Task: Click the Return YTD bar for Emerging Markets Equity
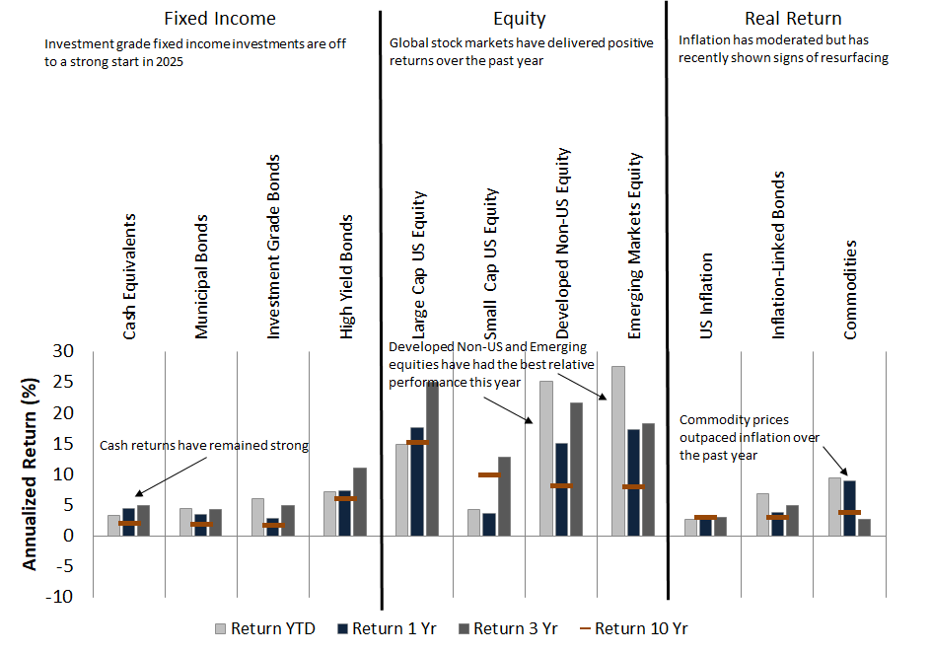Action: (x=618, y=451)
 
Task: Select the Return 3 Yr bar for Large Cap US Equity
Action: (x=432, y=459)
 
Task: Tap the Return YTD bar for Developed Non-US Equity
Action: (x=546, y=459)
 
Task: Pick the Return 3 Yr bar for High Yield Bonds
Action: (x=360, y=501)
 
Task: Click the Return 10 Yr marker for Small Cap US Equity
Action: (x=489, y=474)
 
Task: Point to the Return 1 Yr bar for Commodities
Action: (x=849, y=508)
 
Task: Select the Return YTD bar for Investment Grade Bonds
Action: (x=257, y=517)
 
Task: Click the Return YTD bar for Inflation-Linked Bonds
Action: (x=762, y=514)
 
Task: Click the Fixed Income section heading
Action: (x=220, y=18)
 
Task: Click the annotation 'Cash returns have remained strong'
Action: (x=204, y=446)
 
